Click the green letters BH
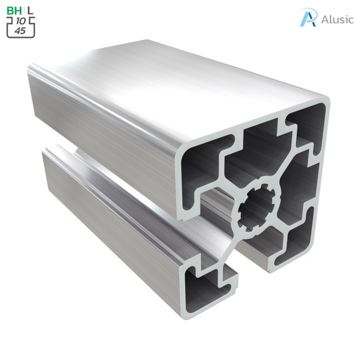pos(13,11)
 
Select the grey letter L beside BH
pos(30,11)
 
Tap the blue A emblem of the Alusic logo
pos(307,18)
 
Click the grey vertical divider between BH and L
pos(23,11)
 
